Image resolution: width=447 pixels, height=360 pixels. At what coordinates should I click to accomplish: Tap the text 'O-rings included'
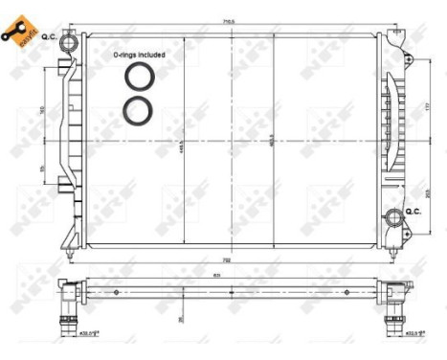(139, 56)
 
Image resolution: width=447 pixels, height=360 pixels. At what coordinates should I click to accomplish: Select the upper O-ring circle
(138, 79)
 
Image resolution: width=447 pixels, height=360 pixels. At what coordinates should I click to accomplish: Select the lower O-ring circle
(138, 109)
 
